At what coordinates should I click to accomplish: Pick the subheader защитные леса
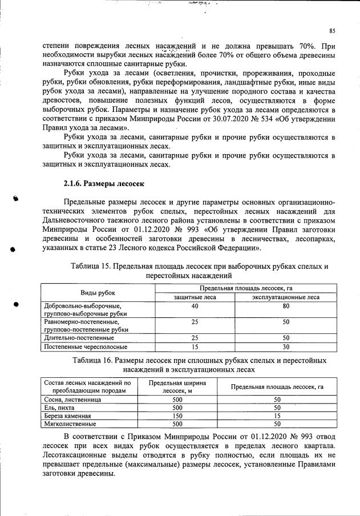(x=195, y=297)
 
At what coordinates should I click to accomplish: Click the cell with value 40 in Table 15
(x=195, y=306)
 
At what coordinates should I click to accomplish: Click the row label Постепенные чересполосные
(x=86, y=346)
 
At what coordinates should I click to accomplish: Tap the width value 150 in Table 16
(x=176, y=416)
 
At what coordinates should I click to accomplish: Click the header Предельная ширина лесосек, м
(x=177, y=386)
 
